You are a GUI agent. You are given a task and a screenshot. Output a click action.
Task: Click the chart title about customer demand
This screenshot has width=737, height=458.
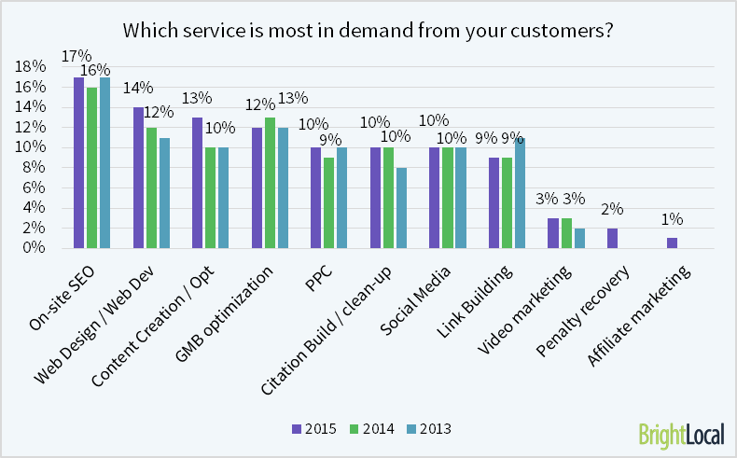click(x=368, y=29)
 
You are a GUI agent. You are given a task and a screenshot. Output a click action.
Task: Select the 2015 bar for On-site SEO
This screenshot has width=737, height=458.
click(x=79, y=162)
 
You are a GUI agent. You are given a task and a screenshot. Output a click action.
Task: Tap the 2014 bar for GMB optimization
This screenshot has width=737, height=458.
click(x=270, y=183)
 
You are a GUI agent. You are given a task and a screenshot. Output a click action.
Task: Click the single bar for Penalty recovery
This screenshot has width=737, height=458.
click(x=612, y=238)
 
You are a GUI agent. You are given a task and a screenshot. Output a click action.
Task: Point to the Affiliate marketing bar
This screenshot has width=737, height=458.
click(x=672, y=243)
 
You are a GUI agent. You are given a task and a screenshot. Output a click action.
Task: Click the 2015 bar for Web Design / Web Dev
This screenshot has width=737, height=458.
click(x=138, y=177)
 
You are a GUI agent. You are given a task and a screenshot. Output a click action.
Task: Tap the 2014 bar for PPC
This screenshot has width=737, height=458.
click(x=329, y=202)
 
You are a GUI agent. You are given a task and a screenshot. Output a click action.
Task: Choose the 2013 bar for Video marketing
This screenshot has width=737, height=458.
click(x=579, y=238)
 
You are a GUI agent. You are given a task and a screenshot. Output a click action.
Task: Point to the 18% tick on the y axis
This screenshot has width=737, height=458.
click(x=30, y=66)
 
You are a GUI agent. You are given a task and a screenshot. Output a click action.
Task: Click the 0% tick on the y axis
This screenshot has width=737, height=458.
click(x=33, y=247)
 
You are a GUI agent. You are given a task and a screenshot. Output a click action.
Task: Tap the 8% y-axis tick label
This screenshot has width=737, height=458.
click(x=33, y=167)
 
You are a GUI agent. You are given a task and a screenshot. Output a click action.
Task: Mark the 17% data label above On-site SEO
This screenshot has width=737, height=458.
click(x=75, y=56)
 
